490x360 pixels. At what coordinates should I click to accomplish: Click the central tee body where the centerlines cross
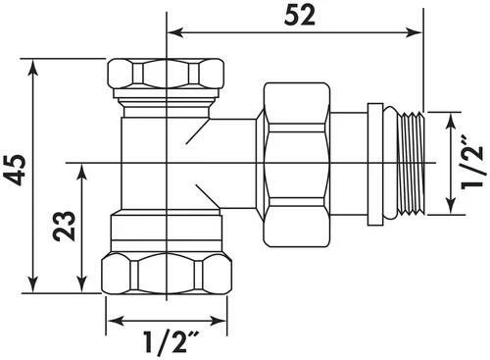[x=168, y=160]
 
